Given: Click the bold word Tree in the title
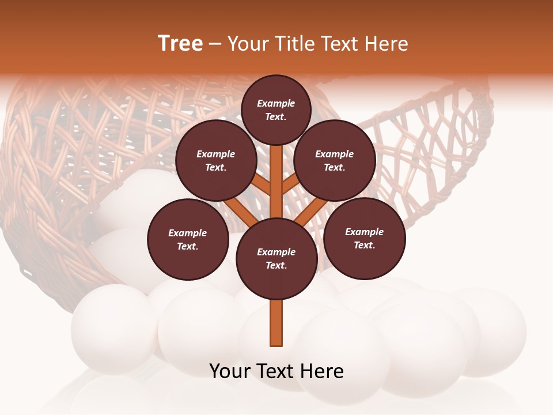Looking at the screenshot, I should pos(180,43).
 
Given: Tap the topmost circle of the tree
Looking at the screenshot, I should pos(276,110).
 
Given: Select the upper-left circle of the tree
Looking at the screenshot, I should pos(215,161).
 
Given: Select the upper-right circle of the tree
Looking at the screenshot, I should pos(334,161).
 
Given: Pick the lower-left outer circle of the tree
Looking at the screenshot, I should pos(188,239).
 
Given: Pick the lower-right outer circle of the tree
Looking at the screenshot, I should pos(364,238).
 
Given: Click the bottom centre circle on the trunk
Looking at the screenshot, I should pos(276,259).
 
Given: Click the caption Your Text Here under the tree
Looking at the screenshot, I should pos(276,371).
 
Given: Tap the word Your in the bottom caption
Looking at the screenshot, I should pos(230,371).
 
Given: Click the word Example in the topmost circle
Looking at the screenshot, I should pos(276,103).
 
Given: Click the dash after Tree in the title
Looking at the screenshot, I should pos(215,44).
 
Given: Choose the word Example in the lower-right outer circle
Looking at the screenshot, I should pos(364,232).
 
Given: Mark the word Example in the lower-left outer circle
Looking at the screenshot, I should pos(187,233).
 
